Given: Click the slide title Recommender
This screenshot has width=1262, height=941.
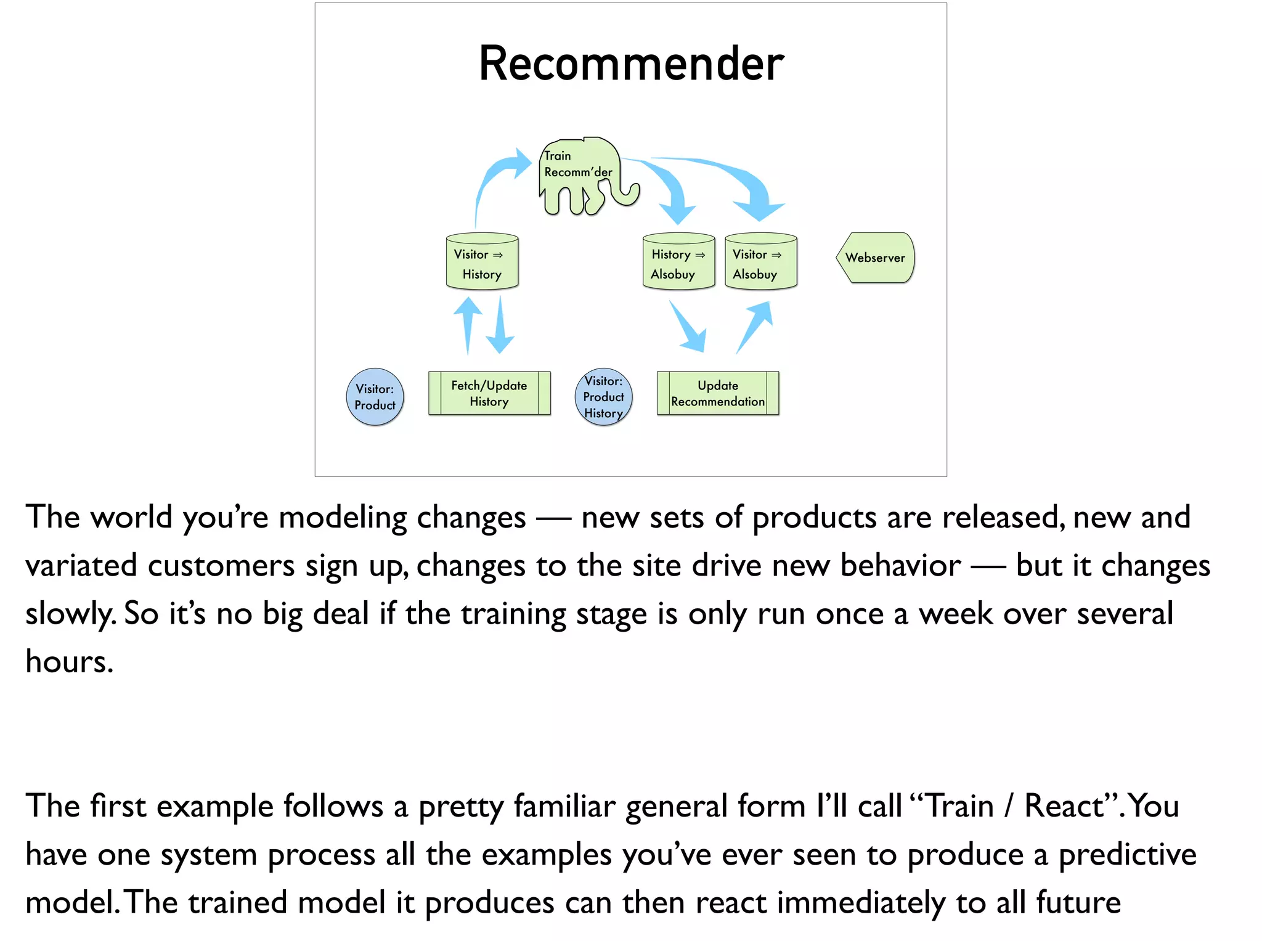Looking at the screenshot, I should click(631, 64).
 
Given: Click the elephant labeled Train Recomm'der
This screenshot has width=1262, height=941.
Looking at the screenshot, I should click(579, 176).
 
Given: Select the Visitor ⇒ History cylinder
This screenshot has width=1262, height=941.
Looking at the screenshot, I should click(482, 262).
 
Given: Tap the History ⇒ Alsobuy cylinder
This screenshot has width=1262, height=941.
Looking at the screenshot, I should click(678, 262).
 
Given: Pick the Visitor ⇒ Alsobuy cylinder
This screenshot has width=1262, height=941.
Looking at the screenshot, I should click(760, 262).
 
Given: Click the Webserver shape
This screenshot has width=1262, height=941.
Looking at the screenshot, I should click(875, 258).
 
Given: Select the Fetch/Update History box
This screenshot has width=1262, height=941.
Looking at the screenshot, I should click(489, 393).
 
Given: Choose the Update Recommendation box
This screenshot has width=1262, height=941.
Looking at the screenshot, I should click(718, 393).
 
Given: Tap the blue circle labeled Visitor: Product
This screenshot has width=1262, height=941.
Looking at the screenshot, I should click(375, 397).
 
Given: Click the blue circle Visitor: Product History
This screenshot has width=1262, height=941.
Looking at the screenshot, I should click(603, 397).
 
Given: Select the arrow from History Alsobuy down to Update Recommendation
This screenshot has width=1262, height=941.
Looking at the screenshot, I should click(689, 327).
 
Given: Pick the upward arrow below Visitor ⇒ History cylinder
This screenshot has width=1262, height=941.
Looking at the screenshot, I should click(468, 324).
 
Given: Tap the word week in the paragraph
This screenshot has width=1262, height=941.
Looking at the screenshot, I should click(956, 614).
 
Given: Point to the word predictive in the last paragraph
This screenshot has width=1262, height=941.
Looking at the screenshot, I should click(1127, 855).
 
